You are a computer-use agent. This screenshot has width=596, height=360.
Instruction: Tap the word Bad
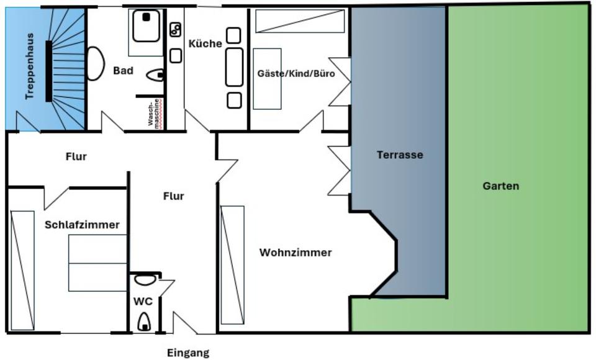pos(123,71)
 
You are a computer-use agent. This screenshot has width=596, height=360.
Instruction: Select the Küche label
pos(205,43)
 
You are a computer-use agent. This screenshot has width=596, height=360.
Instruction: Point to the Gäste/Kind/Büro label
pos(296,73)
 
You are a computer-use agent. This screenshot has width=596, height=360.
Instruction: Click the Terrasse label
pos(400,155)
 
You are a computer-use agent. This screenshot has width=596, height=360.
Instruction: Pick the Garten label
pos(501,186)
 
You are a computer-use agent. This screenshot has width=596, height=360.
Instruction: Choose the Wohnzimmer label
pos(296,253)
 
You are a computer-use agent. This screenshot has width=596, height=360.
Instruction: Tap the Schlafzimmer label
pos(82,225)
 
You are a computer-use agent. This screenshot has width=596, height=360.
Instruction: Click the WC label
pos(143,301)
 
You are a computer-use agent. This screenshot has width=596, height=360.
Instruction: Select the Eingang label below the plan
pos(188,353)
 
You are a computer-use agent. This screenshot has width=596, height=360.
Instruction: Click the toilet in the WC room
pos(145,321)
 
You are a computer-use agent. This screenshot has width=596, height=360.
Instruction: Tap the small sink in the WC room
pos(145,280)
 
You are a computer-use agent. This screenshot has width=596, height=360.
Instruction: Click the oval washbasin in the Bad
pos(95,64)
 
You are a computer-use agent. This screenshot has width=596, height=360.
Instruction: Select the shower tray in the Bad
pos(147,25)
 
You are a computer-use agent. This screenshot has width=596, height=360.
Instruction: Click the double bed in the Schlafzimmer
pos(98,263)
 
